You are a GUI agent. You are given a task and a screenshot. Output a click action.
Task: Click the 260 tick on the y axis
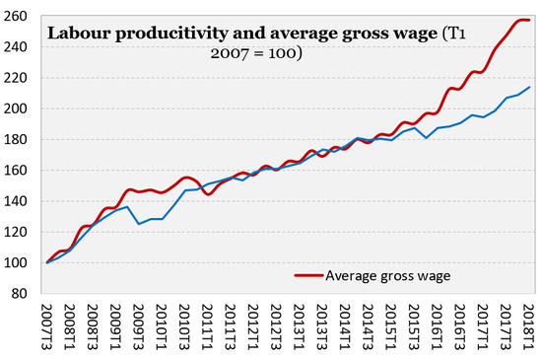tap(15, 16)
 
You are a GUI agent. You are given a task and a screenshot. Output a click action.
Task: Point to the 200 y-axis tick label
tap(15, 108)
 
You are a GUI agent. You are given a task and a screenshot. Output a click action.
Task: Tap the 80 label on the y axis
tap(19, 294)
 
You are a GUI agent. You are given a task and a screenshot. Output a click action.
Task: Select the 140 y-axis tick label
tap(15, 201)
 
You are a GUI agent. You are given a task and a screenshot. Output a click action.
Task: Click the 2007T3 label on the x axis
tap(47, 327)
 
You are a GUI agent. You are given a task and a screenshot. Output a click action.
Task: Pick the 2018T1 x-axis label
tap(530, 327)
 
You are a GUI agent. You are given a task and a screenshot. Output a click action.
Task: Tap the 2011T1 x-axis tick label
tap(208, 327)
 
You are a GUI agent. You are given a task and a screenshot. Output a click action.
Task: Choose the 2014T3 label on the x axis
tap(369, 327)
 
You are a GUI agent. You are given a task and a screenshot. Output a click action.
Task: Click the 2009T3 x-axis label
tap(139, 327)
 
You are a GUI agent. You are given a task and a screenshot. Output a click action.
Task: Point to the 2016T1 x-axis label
tap(438, 327)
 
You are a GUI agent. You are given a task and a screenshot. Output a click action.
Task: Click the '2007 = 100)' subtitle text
tap(256, 53)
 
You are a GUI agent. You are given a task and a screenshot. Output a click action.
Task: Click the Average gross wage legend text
tap(388, 276)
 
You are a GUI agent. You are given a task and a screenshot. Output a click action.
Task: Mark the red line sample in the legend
tap(309, 275)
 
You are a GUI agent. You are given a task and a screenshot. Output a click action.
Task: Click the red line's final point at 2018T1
tap(529, 20)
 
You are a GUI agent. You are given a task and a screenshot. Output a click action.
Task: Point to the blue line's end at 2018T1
tap(530, 87)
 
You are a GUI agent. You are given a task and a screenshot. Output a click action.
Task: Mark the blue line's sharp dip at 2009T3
tap(139, 224)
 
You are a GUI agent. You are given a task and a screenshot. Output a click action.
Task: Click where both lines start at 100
tap(47, 262)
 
